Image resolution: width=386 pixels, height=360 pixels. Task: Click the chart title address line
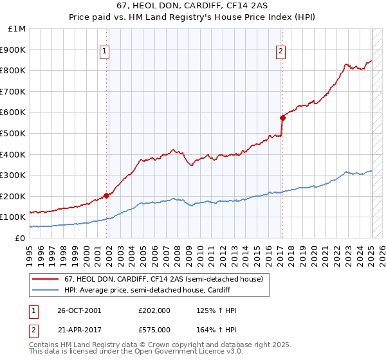click(192, 7)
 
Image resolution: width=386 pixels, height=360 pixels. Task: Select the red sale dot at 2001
click(106, 195)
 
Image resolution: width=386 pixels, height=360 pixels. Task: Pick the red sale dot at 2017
click(282, 118)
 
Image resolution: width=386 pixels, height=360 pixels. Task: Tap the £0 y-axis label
click(20, 238)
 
